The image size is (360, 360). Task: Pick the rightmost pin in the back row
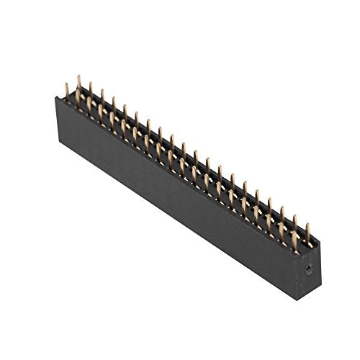click(x=308, y=234)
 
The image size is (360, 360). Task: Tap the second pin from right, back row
click(x=296, y=224)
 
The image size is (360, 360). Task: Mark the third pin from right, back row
click(x=282, y=215)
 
